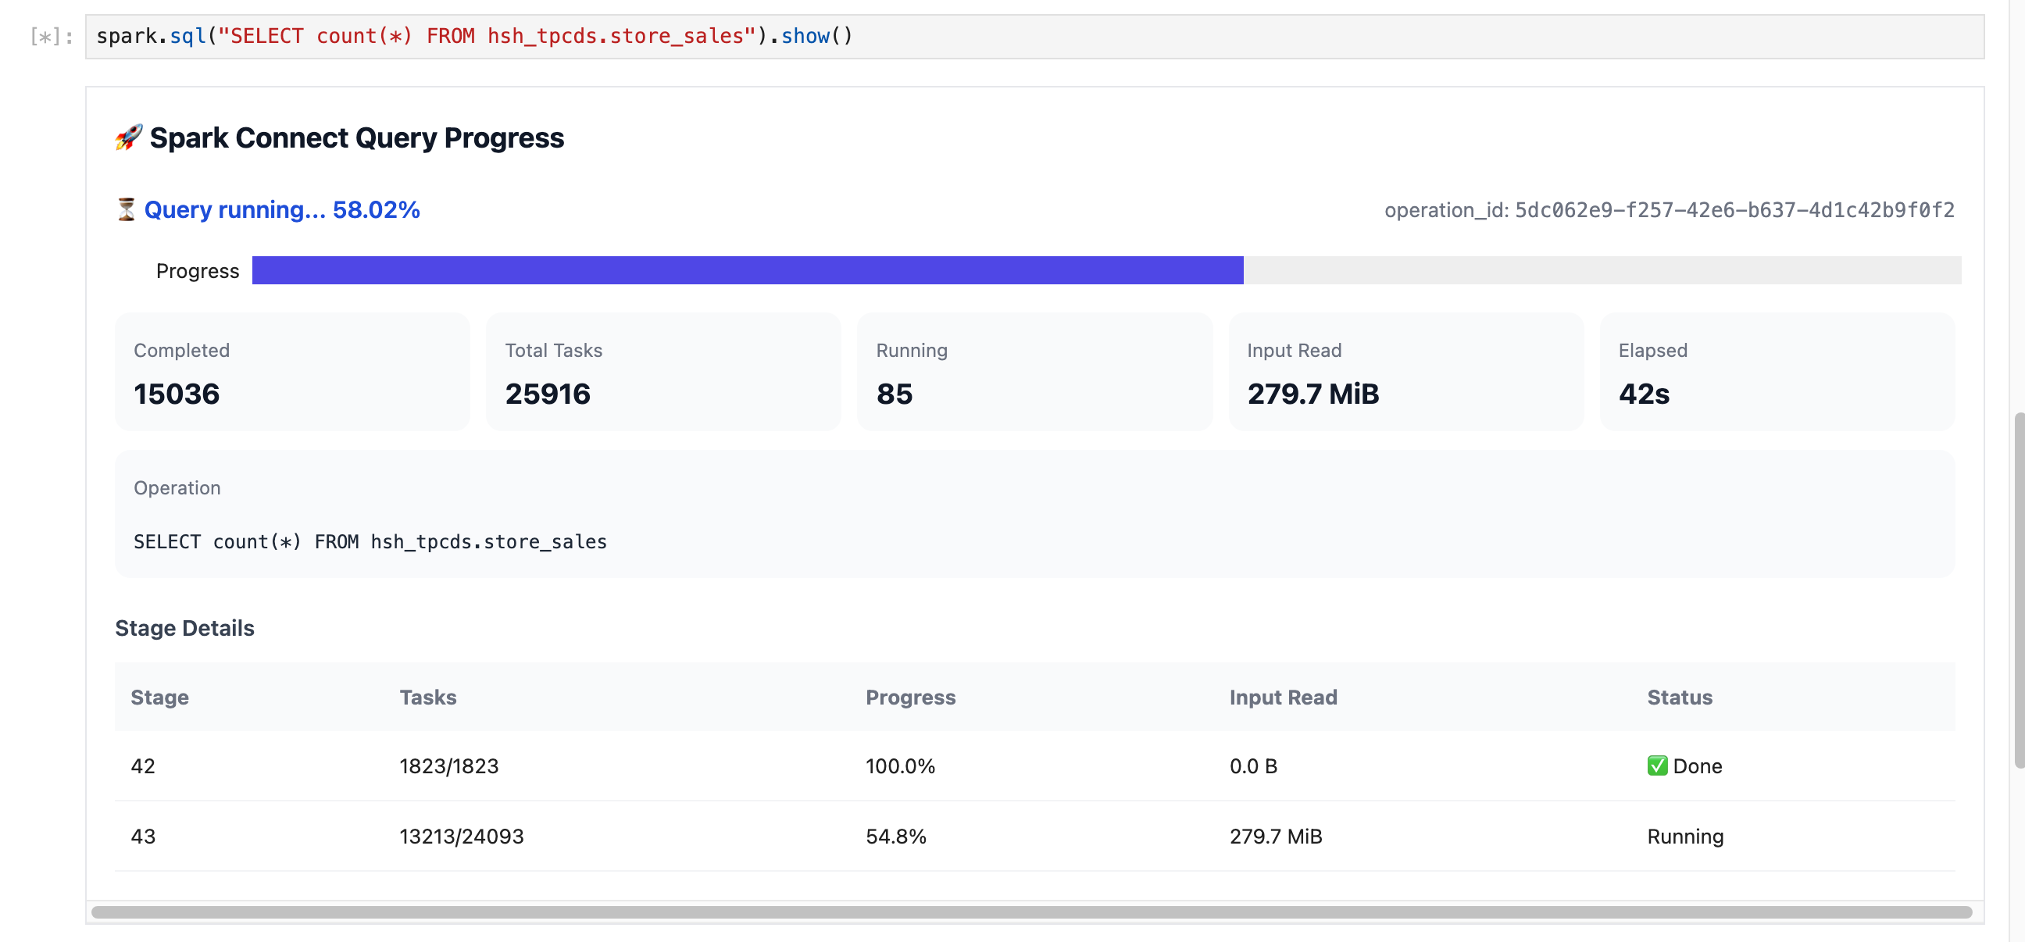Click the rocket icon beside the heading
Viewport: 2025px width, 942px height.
[x=129, y=137]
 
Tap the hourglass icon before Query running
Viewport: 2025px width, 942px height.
[x=126, y=210]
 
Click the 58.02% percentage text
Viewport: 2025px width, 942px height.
[x=376, y=210]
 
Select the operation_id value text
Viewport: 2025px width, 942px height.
[x=1734, y=210]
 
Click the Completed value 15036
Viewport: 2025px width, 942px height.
[x=177, y=394]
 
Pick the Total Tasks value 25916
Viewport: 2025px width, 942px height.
[x=548, y=394]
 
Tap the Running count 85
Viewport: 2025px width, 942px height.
[x=895, y=394]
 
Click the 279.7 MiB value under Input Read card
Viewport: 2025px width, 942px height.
[x=1312, y=394]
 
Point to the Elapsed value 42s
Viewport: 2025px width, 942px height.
[x=1644, y=394]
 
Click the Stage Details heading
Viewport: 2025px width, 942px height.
[x=184, y=628]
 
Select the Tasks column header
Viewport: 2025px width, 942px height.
[x=427, y=697]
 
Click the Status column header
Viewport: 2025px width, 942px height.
[x=1680, y=697]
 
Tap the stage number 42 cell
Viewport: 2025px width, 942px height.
[x=143, y=766]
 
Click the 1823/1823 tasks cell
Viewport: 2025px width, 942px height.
[x=449, y=766]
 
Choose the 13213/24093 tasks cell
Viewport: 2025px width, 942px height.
[x=462, y=836]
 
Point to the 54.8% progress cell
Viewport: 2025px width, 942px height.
[x=896, y=836]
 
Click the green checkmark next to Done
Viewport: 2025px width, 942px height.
[x=1657, y=766]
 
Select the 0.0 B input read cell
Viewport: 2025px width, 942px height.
[x=1253, y=766]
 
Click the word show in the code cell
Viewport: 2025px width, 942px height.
[x=805, y=36]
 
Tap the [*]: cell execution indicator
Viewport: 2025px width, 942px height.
[x=52, y=37]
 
